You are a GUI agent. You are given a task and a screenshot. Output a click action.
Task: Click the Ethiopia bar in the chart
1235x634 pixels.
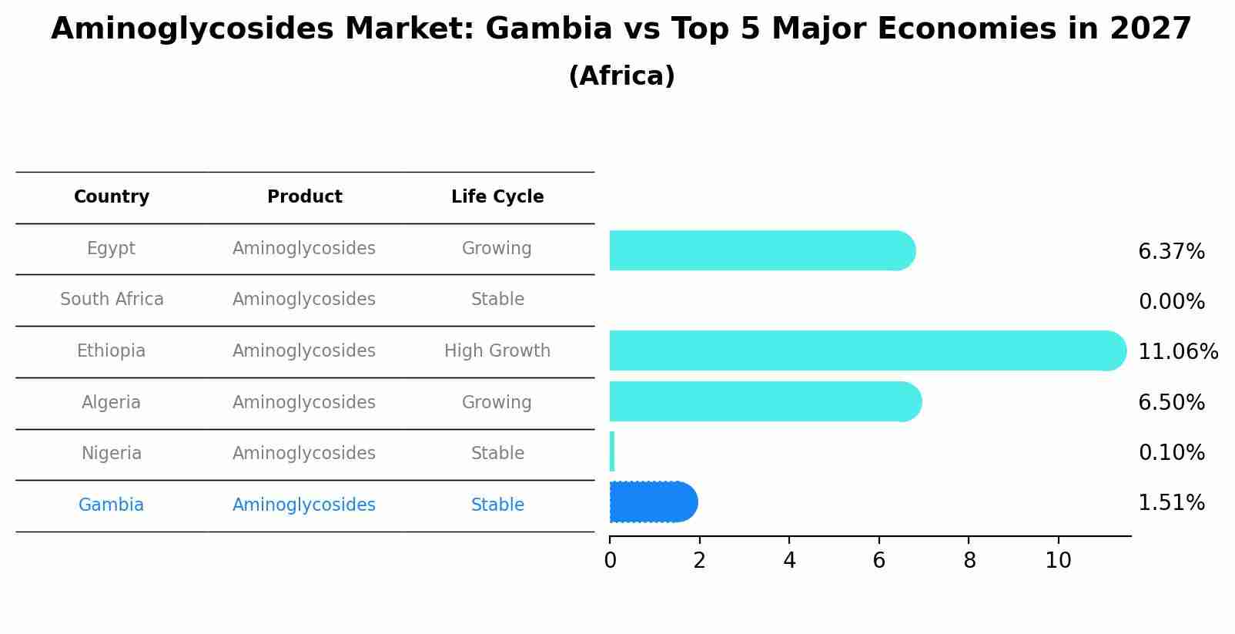click(866, 351)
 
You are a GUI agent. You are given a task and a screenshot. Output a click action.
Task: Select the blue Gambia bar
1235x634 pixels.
click(653, 502)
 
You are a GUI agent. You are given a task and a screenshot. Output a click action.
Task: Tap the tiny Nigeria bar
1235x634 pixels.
click(612, 451)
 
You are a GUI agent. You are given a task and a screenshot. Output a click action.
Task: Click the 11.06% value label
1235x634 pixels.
click(1177, 352)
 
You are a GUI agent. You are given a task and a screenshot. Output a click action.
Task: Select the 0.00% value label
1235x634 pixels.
click(1171, 302)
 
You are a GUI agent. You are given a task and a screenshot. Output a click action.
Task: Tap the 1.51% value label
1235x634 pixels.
click(1171, 503)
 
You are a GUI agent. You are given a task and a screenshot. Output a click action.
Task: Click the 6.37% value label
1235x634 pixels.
click(1171, 252)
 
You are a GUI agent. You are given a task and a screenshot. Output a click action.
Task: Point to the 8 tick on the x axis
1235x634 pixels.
click(969, 561)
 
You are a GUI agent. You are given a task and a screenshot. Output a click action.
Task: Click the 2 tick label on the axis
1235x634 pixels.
click(699, 561)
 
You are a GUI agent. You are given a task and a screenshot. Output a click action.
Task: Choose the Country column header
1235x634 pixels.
click(112, 197)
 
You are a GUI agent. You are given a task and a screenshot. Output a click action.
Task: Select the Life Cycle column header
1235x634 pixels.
click(497, 197)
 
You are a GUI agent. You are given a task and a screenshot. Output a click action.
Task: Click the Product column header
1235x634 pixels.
click(304, 197)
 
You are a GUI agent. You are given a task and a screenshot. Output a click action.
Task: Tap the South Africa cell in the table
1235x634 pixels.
click(112, 299)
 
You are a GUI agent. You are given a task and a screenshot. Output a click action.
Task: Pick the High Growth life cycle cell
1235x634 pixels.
click(497, 351)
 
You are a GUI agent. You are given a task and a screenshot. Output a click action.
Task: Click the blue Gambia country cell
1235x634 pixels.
click(111, 505)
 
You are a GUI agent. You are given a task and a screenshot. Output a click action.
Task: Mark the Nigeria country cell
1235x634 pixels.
click(112, 453)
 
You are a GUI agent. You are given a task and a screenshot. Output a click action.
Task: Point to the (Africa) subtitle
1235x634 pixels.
click(621, 76)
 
